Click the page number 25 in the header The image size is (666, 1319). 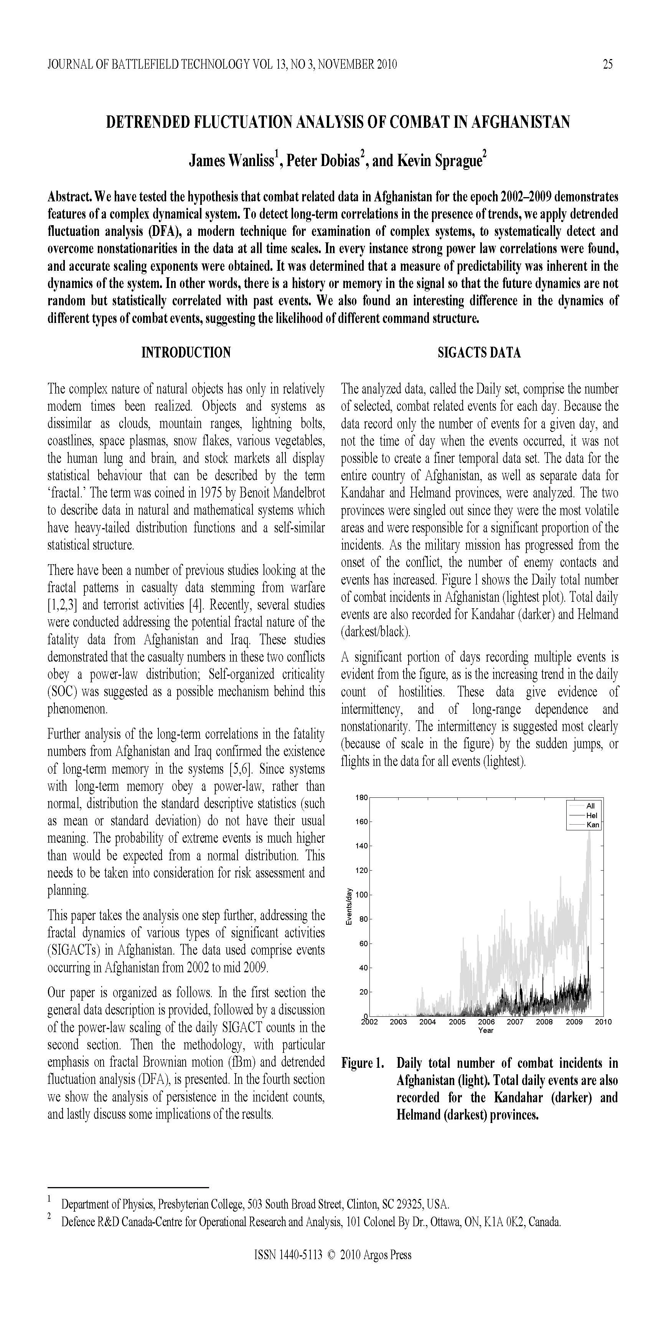click(x=608, y=64)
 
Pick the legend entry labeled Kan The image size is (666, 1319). click(x=592, y=824)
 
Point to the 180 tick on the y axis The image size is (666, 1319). click(x=361, y=797)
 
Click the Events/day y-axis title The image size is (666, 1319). click(x=348, y=906)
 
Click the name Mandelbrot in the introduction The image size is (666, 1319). click(x=298, y=492)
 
